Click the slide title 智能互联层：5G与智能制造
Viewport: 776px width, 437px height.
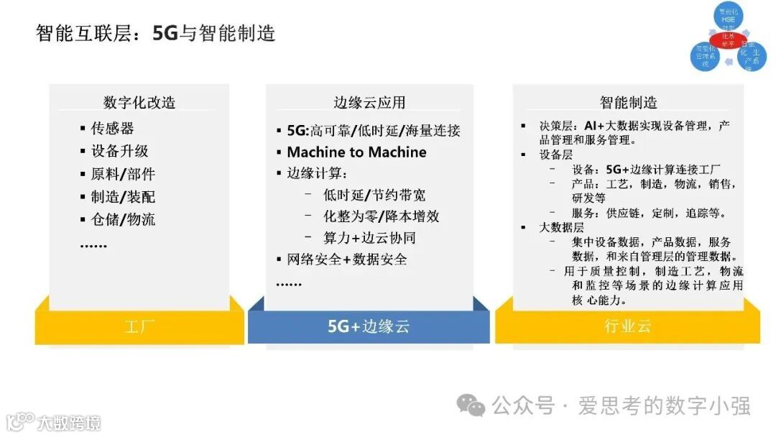(156, 33)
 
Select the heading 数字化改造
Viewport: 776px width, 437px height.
(139, 102)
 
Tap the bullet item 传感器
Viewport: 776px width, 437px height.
(112, 129)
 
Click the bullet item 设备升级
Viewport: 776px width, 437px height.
(119, 151)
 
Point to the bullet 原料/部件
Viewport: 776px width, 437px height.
(123, 174)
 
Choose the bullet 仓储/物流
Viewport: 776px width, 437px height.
(123, 219)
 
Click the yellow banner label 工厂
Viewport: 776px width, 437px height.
(139, 327)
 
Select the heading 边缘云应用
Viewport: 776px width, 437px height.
(369, 102)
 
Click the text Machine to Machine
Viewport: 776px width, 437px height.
(356, 152)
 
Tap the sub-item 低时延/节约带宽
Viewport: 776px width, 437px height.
(374, 195)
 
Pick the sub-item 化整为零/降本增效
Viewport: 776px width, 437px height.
(381, 216)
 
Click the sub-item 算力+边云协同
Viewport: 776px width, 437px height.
(369, 238)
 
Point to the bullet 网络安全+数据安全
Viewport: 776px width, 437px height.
(347, 259)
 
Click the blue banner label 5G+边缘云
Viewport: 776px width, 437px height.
(369, 326)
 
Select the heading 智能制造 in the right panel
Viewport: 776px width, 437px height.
(629, 102)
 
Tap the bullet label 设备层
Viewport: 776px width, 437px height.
(556, 155)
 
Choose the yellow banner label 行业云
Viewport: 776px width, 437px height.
(628, 326)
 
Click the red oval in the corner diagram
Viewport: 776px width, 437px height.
(727, 37)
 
